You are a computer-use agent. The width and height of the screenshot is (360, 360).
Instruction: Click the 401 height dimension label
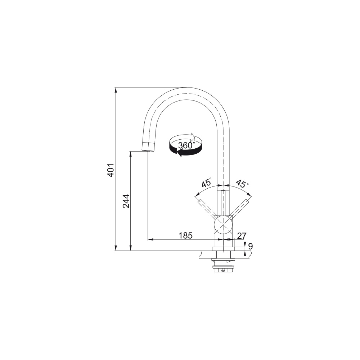[x=111, y=170]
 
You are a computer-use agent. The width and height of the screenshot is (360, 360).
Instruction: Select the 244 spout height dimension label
[x=126, y=201]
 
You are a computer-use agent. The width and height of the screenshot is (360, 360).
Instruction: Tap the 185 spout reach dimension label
[x=185, y=235]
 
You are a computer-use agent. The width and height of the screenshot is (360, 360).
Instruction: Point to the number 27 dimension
[x=242, y=235]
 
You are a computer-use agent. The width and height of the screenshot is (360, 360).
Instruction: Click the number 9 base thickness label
[x=250, y=246]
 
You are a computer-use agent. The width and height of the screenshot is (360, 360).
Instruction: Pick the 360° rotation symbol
[x=186, y=145]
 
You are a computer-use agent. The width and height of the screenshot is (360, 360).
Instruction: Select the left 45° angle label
[x=207, y=183]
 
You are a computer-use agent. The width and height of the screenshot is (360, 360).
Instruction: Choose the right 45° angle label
[x=242, y=183]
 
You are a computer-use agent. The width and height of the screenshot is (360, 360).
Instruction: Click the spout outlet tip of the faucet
[x=148, y=150]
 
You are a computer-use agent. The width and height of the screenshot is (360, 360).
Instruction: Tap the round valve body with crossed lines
[x=223, y=224]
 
